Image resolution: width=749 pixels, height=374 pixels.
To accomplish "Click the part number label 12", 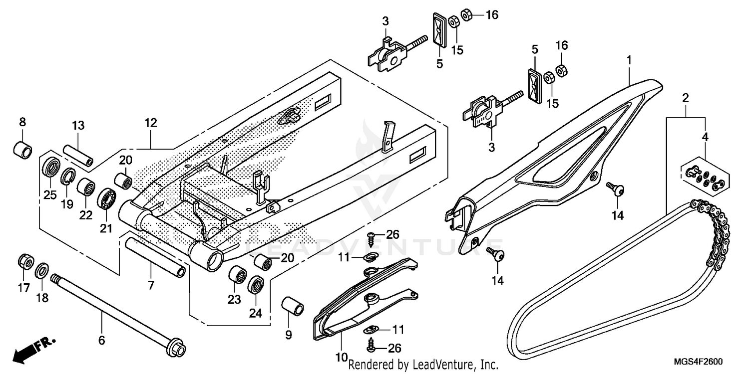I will pyautogui.click(x=151, y=123).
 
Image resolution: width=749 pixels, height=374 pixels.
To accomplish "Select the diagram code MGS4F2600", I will pyautogui.click(x=699, y=362).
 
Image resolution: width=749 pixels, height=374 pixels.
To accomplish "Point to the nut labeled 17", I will pyautogui.click(x=25, y=261).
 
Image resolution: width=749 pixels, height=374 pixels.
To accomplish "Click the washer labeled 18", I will pyautogui.click(x=42, y=271).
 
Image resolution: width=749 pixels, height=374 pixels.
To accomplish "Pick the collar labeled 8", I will pyautogui.click(x=22, y=148).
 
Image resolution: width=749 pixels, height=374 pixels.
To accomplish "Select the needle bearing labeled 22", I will pyautogui.click(x=86, y=187).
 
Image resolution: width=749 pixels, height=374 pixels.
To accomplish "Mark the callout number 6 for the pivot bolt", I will pyautogui.click(x=102, y=341).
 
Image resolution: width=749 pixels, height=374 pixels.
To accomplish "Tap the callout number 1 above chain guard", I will pyautogui.click(x=629, y=60).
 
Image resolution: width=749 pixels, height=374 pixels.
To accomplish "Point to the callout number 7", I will pyautogui.click(x=151, y=285).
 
